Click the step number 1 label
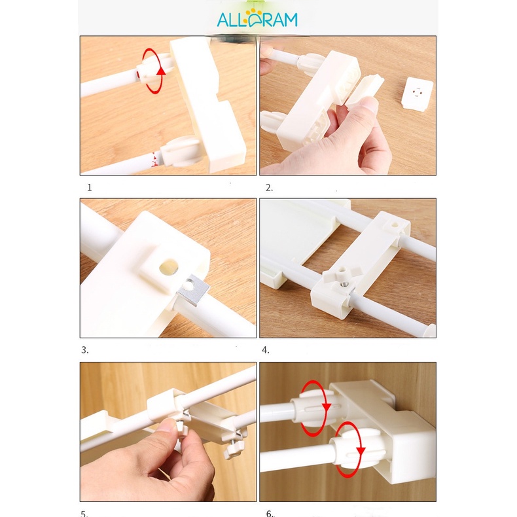90,188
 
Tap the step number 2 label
269,188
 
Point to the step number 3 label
84,350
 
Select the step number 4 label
266,350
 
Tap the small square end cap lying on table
418,93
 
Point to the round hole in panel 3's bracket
169,267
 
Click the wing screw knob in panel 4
343,276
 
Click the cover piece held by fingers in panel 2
364,90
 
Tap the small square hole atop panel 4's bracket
395,226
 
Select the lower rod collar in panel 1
181,152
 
